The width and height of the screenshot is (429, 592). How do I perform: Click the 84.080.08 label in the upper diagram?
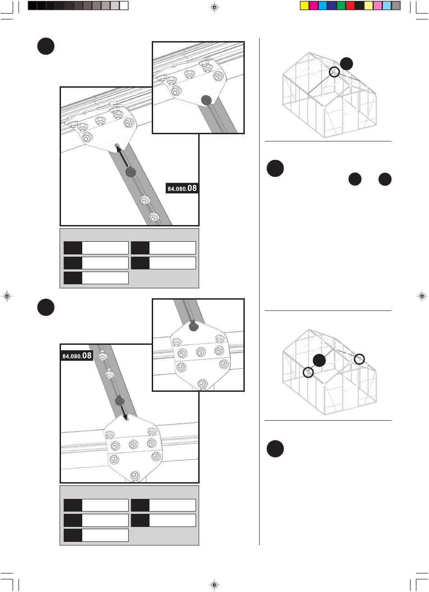(182, 188)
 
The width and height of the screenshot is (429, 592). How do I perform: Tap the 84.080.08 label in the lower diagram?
(77, 356)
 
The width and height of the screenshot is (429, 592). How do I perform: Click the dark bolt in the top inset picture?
(206, 100)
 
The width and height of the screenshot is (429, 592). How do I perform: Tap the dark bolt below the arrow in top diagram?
(131, 172)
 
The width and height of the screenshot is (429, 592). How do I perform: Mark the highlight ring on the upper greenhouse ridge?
(334, 71)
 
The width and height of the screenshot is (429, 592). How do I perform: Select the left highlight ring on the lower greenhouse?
(308, 372)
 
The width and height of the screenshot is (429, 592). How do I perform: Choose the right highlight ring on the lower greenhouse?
(359, 359)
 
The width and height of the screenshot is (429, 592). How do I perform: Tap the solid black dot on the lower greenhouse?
(319, 360)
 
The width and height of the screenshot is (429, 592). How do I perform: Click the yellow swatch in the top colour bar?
(304, 6)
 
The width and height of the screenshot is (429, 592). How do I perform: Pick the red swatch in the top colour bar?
(350, 6)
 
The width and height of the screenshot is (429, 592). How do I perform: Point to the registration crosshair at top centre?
(215, 7)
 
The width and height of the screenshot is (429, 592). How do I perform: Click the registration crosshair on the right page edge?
(421, 296)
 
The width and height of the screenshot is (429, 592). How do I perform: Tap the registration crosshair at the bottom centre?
(215, 585)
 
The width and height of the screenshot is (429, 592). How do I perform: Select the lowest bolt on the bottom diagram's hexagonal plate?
(134, 475)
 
